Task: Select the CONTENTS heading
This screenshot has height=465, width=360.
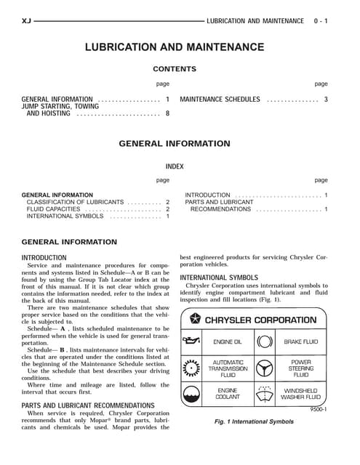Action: coord(175,70)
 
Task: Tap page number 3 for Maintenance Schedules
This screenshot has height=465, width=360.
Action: coord(326,100)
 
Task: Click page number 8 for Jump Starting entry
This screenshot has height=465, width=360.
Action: coord(167,113)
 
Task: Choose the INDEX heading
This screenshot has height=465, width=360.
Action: coord(175,166)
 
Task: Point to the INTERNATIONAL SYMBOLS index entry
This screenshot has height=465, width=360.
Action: coord(65,217)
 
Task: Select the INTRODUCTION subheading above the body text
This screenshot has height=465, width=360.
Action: coord(44,258)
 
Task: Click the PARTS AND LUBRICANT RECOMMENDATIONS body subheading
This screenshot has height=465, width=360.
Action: coord(88,405)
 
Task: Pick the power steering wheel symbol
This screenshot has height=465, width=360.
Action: coord(265,368)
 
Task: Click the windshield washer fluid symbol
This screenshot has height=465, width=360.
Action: coord(265,394)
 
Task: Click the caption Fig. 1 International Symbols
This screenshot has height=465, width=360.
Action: coord(254,421)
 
